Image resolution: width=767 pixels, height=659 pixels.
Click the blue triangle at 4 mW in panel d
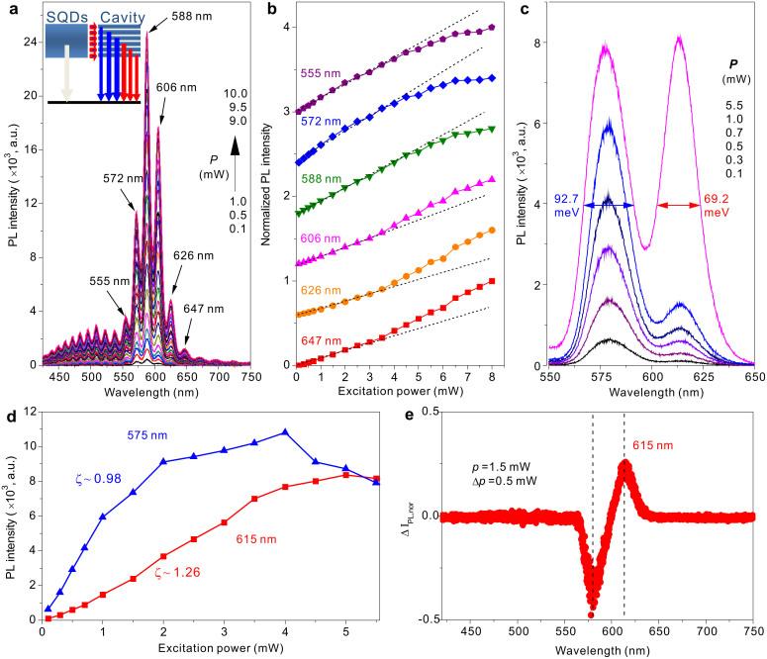(286, 432)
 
